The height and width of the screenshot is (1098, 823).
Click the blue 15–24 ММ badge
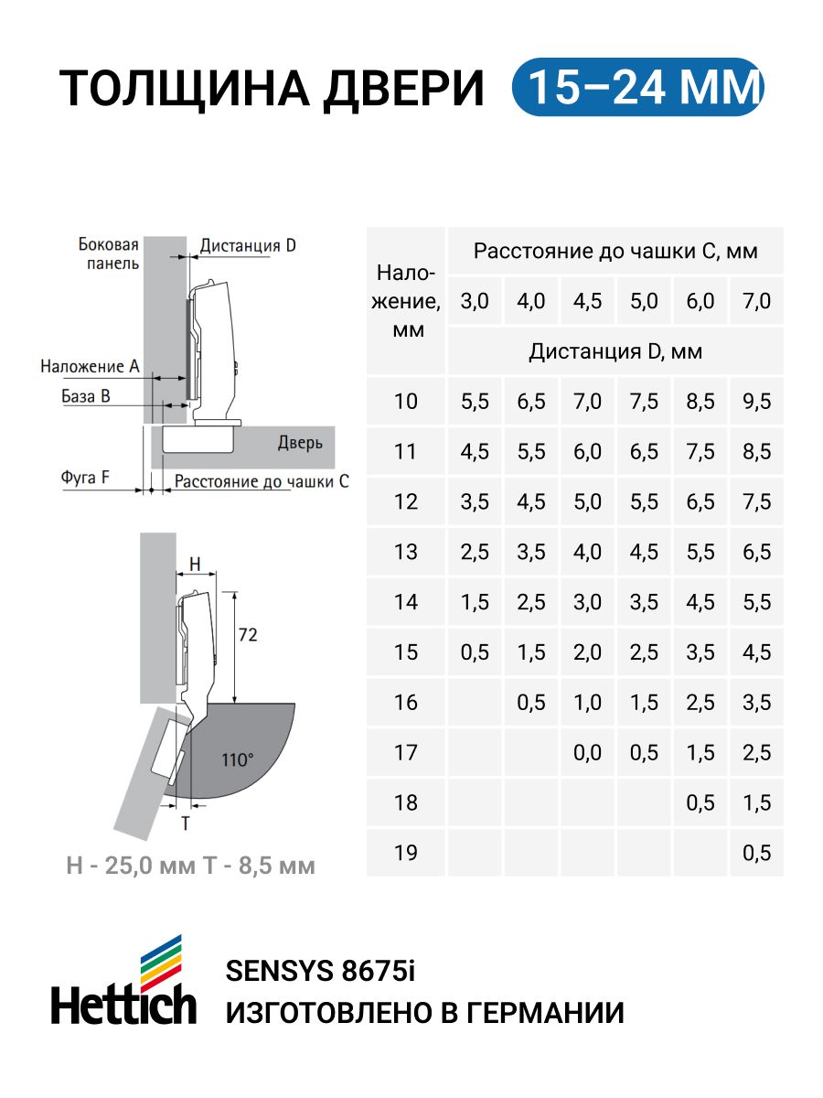[637, 88]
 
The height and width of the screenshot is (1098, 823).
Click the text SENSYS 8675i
[319, 971]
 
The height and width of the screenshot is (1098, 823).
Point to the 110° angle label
[237, 759]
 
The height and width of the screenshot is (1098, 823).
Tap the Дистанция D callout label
[248, 245]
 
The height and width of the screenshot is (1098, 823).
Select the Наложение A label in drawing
[90, 366]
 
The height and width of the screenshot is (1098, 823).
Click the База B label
[86, 396]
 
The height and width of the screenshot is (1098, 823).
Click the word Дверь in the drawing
[300, 444]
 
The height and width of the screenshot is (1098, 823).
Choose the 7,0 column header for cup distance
[756, 301]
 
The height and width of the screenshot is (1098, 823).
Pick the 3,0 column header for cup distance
[475, 301]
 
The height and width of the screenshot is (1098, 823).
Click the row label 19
[405, 853]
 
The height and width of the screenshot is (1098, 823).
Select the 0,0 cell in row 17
[588, 752]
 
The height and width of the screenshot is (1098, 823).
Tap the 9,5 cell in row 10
[756, 401]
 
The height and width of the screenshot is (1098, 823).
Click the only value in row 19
[756, 853]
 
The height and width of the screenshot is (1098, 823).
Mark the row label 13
[405, 552]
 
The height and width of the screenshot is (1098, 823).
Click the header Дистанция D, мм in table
[615, 351]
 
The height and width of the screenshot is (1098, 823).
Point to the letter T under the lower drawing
[185, 823]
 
